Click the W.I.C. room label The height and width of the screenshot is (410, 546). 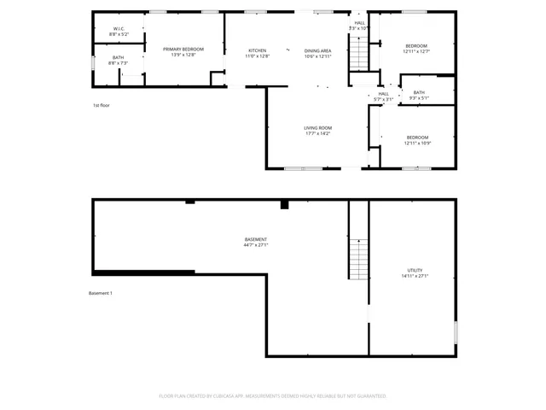(x=119, y=32)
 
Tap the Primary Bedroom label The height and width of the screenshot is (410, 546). (x=183, y=52)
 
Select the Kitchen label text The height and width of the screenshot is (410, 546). (x=258, y=53)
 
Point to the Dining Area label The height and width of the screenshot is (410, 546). (x=318, y=53)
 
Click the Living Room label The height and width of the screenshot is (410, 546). (x=318, y=131)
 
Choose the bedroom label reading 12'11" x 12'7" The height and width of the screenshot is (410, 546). (x=416, y=49)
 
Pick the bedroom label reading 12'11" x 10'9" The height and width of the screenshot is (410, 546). (x=416, y=140)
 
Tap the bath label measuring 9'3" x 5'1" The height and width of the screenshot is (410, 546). (x=418, y=95)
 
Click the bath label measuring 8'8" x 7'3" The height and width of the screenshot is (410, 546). (x=119, y=61)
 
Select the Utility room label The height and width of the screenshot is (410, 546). (x=415, y=273)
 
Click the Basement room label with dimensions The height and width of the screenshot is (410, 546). (x=256, y=242)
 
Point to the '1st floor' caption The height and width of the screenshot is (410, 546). (x=102, y=105)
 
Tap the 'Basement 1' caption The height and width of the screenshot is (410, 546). (x=101, y=293)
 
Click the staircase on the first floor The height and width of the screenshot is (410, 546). (x=360, y=56)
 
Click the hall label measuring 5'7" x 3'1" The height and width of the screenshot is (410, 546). (x=383, y=97)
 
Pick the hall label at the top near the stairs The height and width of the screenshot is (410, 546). (x=359, y=26)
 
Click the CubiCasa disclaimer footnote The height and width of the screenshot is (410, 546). (x=273, y=396)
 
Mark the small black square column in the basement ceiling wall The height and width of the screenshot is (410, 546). (x=285, y=205)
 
